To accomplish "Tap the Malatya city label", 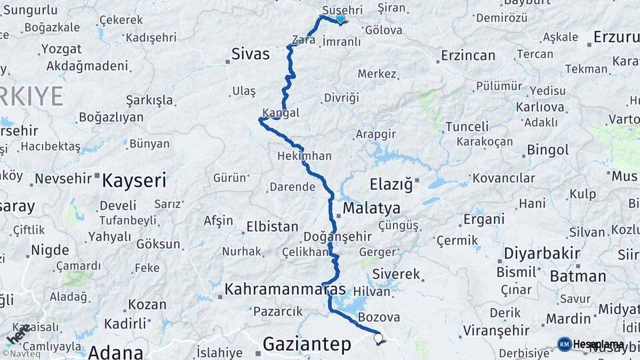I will (371, 209).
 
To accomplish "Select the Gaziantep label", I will (307, 344).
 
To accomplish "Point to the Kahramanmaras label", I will (285, 289).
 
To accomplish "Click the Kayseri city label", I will (133, 180).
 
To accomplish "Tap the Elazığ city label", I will (395, 183).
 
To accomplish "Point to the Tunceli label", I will (467, 126).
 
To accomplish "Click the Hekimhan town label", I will (304, 155).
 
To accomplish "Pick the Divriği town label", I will (341, 97).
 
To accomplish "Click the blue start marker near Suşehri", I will (341, 19).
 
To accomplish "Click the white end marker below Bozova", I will (379, 338).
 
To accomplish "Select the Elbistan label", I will (272, 227).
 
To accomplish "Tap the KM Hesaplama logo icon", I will (565, 344).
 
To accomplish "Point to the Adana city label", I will (115, 351).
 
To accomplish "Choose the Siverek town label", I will (396, 274).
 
